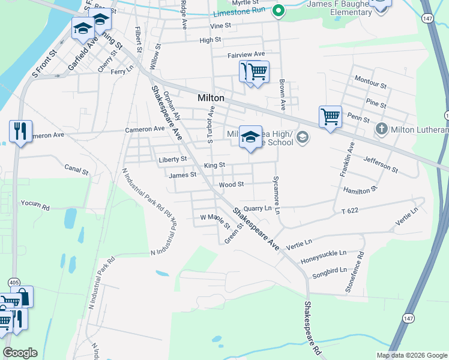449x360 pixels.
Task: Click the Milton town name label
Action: tap(211, 98)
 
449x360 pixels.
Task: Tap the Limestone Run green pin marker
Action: tap(278, 10)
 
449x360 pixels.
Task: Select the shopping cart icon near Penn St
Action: tap(330, 116)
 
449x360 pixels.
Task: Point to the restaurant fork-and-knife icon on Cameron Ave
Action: tap(20, 131)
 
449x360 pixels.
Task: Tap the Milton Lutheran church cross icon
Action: tap(381, 128)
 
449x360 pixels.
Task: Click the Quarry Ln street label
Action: tap(258, 208)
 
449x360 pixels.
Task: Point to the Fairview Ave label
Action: tap(246, 55)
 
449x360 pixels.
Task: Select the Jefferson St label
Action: tap(381, 164)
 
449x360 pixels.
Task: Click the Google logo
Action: tap(20, 353)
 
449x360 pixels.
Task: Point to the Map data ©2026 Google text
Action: tap(411, 355)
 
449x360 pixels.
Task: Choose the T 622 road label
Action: tap(353, 211)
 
